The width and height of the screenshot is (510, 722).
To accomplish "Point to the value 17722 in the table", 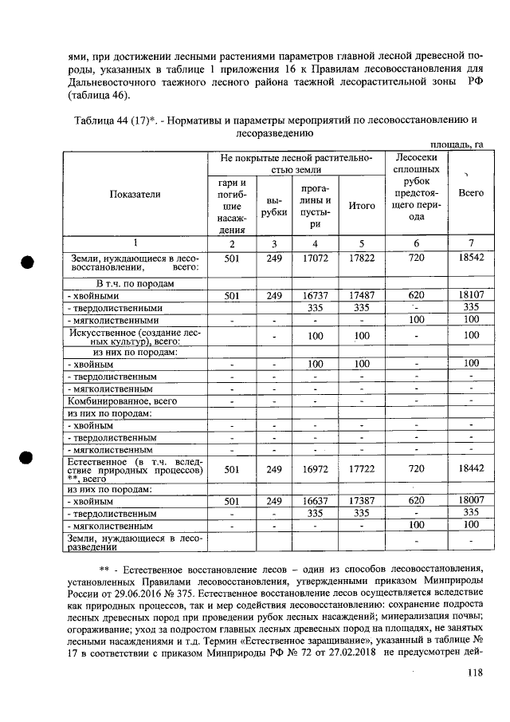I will (362, 470).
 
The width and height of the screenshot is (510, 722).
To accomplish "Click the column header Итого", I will (362, 206).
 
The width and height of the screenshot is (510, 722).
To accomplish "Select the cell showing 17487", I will (362, 295).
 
